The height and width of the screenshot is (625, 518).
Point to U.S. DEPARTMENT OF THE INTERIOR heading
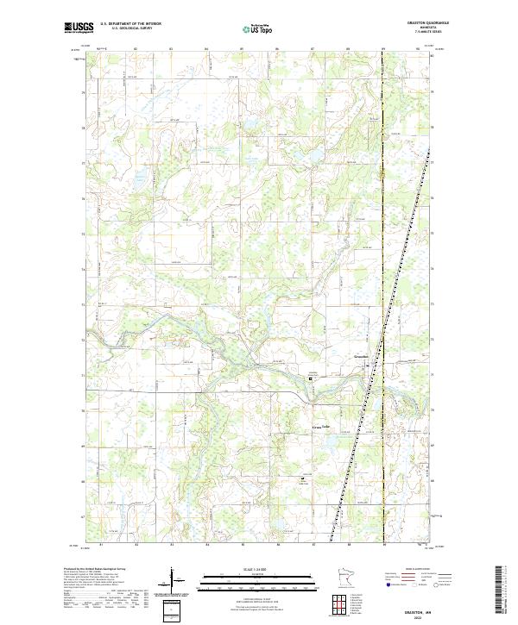click(x=131, y=23)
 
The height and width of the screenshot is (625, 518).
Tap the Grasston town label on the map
click(x=362, y=357)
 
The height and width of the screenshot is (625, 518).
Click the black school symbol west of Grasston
click(x=312, y=377)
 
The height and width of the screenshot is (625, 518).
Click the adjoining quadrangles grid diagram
click(x=343, y=602)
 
